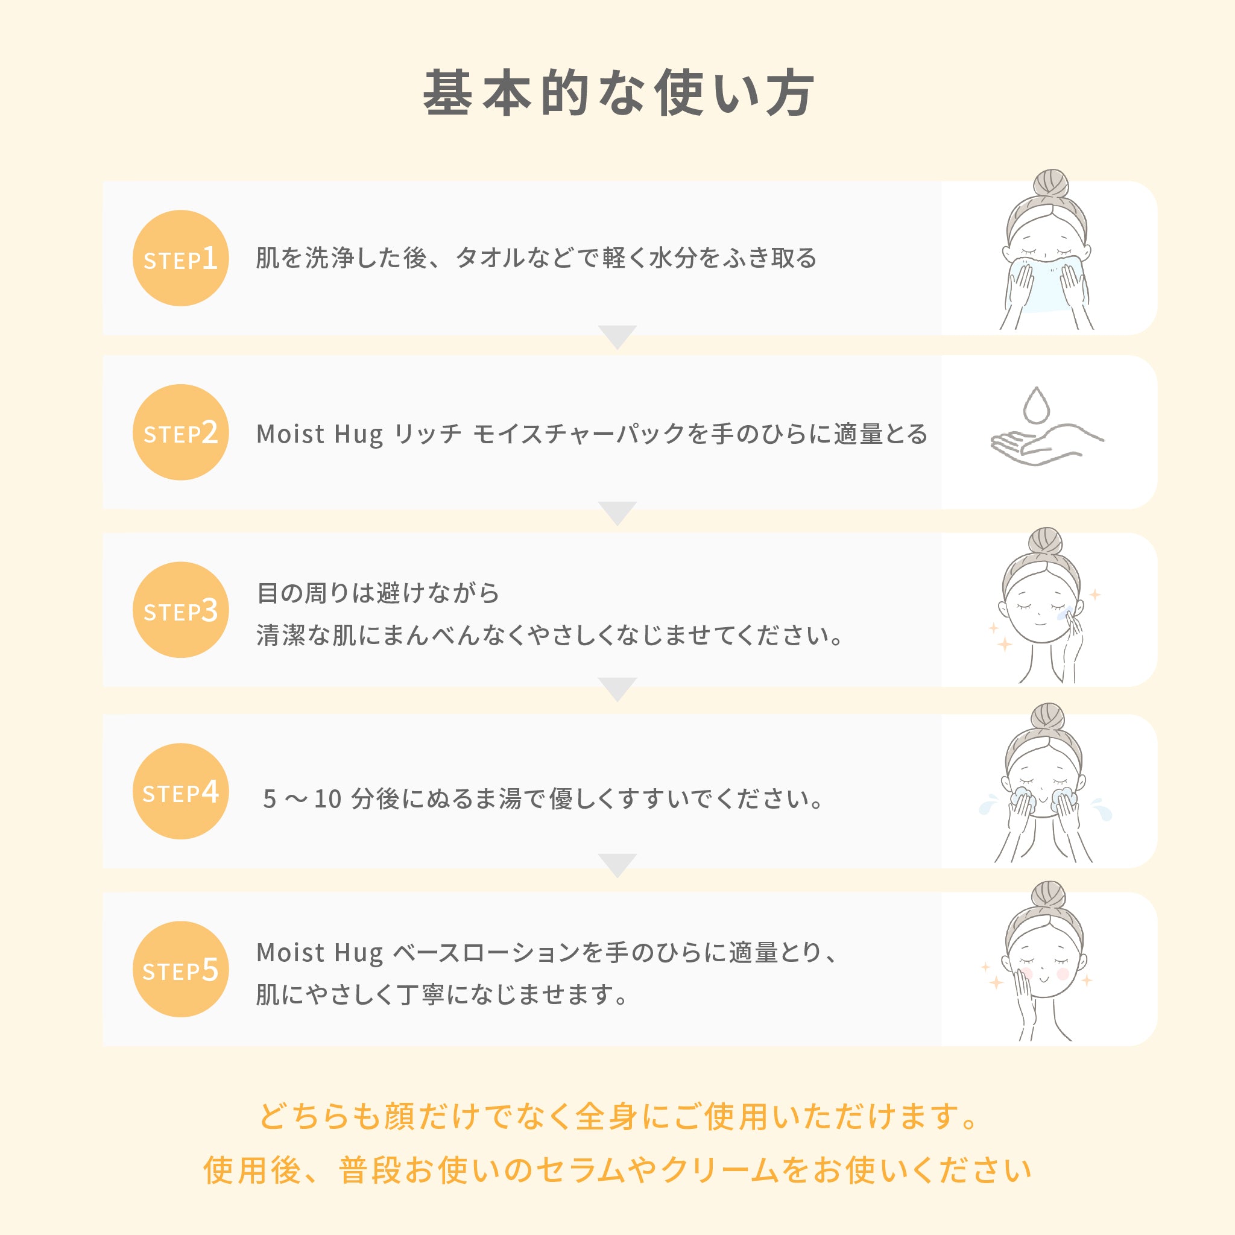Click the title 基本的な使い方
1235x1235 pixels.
tap(617, 93)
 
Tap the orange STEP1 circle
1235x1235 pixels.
tap(181, 258)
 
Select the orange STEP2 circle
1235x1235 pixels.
tap(181, 432)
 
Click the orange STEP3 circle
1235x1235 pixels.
tap(181, 610)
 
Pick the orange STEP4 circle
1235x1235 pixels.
tap(181, 791)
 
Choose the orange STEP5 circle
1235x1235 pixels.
tap(181, 969)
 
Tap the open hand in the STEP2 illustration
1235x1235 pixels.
tap(1042, 444)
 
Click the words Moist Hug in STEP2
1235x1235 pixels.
tap(320, 434)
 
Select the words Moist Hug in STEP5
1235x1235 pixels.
tap(320, 952)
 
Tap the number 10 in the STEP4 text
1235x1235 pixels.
tap(328, 799)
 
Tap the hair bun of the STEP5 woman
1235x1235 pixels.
tap(1049, 896)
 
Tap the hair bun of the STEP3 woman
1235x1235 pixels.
tap(1046, 543)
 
